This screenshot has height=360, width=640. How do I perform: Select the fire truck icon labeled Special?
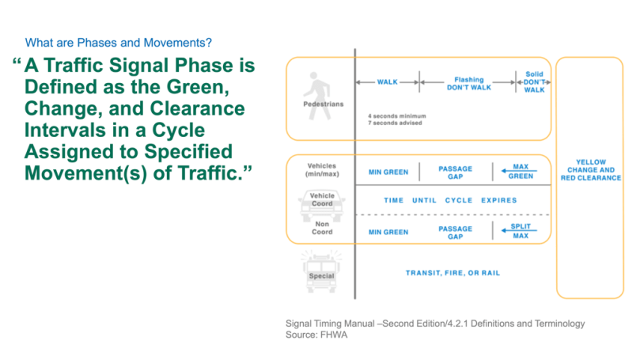tap(322, 269)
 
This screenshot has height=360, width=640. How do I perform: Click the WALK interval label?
tap(387, 81)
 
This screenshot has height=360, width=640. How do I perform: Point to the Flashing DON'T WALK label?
tap(468, 81)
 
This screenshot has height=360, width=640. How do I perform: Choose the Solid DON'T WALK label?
tap(535, 81)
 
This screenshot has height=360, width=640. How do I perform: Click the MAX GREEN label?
tap(521, 171)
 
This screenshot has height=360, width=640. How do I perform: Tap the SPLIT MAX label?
tap(521, 231)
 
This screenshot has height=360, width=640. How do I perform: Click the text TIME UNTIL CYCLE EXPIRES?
tap(450, 200)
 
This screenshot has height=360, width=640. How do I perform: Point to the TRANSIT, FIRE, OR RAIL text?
tap(453, 273)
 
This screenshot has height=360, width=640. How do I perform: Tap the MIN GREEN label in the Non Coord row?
tap(388, 232)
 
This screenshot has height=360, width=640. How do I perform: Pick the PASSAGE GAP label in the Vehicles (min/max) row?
tap(455, 171)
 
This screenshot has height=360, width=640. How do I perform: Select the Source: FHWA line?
tap(317, 335)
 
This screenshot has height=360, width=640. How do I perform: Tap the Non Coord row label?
tap(322, 229)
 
